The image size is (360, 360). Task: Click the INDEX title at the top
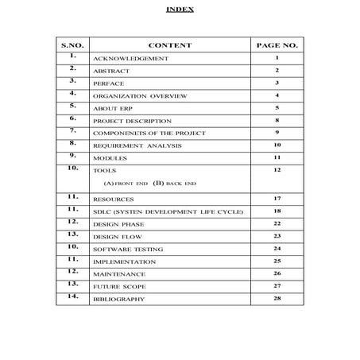tap(180, 10)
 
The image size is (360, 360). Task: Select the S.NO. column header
tap(72, 45)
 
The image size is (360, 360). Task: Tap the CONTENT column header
tap(169, 45)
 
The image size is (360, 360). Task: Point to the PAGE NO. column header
tap(277, 45)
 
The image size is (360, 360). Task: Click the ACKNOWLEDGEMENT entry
tap(131, 60)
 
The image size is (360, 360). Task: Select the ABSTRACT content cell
tap(112, 72)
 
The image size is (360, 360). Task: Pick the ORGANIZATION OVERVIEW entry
tap(140, 95)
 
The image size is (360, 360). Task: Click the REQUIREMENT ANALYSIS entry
tap(137, 146)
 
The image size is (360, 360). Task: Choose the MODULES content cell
tap(112, 158)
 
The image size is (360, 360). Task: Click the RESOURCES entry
tap(114, 199)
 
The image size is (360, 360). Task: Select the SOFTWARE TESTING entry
tap(129, 250)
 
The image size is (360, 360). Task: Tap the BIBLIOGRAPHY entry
tap(119, 299)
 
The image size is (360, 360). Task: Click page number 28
tap(277, 298)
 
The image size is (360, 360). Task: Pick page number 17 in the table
tap(277, 198)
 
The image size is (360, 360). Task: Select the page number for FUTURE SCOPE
tap(277, 285)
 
